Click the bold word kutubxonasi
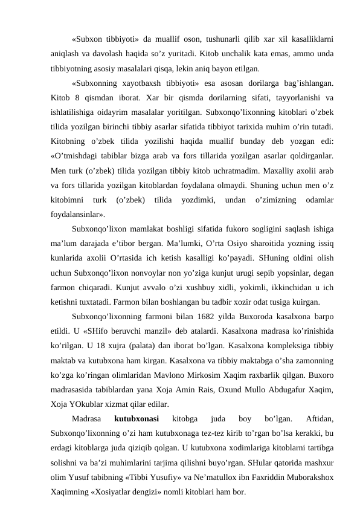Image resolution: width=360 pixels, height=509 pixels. coord(137,418)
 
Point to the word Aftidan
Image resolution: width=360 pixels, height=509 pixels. coord(320,418)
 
